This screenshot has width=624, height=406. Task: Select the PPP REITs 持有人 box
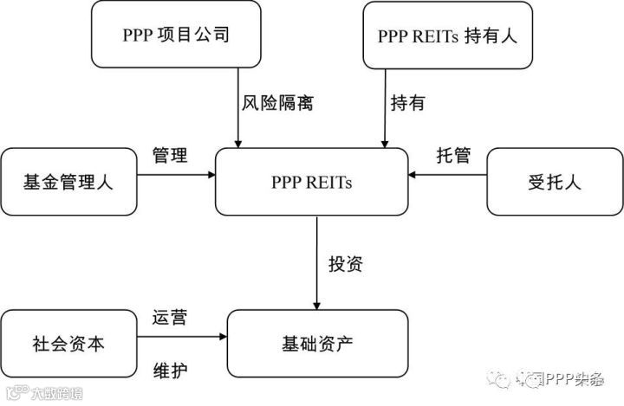point(445,35)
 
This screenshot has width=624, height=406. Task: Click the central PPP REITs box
point(312,182)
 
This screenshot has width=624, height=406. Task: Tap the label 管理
point(171,156)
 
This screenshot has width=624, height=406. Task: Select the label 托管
point(452,156)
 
